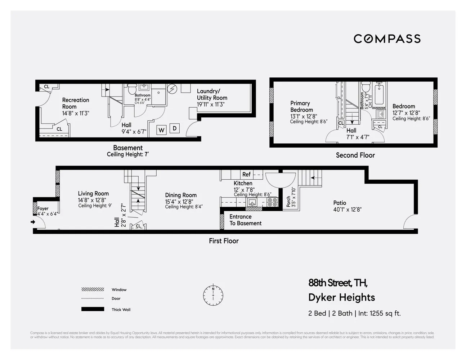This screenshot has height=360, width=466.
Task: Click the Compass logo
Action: (387, 39)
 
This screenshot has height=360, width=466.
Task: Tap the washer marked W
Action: (161, 130)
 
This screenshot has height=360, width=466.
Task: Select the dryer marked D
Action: (174, 128)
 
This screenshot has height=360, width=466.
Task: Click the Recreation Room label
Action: (75, 103)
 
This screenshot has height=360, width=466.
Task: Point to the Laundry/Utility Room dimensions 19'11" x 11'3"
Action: (211, 104)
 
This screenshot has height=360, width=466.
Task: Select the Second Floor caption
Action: (355, 155)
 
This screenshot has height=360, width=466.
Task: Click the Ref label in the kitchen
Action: (246, 174)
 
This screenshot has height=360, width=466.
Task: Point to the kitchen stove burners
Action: (272, 202)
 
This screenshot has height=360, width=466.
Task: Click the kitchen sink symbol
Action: (252, 202)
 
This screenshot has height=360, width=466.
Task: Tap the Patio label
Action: (340, 203)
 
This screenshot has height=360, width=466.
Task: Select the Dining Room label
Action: (181, 195)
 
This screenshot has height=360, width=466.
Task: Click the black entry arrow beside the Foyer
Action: (33, 222)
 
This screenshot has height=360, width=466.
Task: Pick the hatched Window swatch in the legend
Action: (93, 289)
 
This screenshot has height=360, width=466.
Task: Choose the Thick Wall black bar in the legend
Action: (93, 309)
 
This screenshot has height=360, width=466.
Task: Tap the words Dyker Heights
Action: (341, 297)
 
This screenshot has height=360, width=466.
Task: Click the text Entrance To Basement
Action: (245, 220)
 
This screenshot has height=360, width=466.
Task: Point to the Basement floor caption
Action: (128, 148)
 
